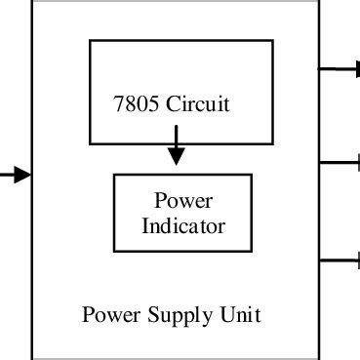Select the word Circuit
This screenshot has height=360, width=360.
[x=199, y=104]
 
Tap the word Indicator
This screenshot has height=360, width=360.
[x=184, y=226]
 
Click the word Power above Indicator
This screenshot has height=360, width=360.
[x=184, y=202]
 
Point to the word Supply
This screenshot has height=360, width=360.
[x=179, y=316]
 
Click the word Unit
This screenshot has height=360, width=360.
[x=242, y=315]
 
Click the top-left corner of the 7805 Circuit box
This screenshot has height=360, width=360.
[x=90, y=41]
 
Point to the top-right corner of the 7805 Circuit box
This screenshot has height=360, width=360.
[x=261, y=41]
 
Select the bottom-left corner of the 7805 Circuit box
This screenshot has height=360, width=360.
[x=90, y=142]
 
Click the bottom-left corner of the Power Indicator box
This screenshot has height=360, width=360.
[x=114, y=255]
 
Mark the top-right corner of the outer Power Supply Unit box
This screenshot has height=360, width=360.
[x=320, y=2]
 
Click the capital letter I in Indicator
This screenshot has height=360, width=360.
[x=146, y=226]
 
